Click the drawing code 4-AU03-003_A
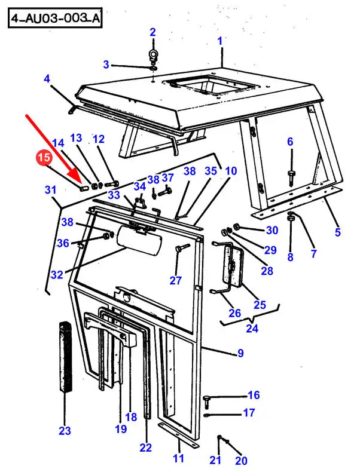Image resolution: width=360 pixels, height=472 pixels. click(x=55, y=19)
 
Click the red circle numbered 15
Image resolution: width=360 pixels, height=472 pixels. click(x=44, y=158)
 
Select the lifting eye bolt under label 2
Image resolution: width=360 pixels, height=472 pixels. click(x=153, y=57)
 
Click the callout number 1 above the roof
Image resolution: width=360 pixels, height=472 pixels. click(x=220, y=41)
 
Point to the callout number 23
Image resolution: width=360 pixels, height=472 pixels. click(x=65, y=431)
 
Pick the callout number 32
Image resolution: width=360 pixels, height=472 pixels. click(x=57, y=274)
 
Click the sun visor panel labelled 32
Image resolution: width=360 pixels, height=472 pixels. click(x=139, y=241)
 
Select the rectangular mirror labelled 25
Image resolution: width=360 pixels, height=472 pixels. click(x=233, y=264)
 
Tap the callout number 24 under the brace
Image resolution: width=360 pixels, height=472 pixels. click(x=252, y=328)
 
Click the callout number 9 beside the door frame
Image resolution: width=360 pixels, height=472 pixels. click(x=240, y=353)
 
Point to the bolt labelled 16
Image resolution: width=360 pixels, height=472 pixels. click(x=207, y=401)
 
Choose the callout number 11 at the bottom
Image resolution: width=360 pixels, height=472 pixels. click(x=178, y=458)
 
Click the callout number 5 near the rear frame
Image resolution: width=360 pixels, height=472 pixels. click(x=338, y=232)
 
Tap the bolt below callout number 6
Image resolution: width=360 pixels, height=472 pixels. click(x=291, y=177)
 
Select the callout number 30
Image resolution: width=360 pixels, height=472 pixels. click(x=271, y=230)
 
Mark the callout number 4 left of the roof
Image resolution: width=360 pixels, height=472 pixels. click(x=47, y=79)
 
